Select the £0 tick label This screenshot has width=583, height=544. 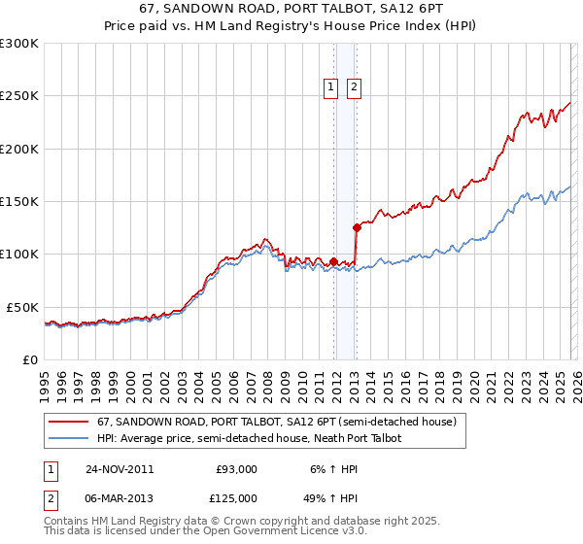pyautogui.click(x=29, y=359)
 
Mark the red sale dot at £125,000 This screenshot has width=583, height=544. pyautogui.click(x=357, y=228)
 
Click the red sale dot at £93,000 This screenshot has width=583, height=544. pyautogui.click(x=334, y=261)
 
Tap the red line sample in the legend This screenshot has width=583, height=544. pyautogui.click(x=70, y=423)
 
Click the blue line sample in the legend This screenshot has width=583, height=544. pyautogui.click(x=70, y=439)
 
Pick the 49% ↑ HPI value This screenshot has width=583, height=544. pyautogui.click(x=332, y=498)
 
